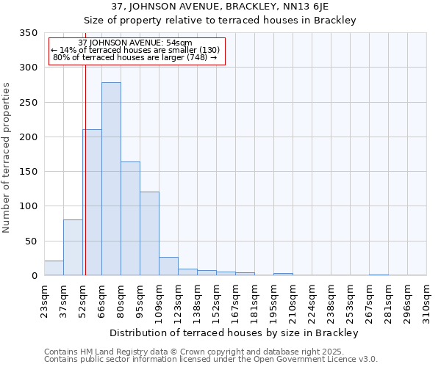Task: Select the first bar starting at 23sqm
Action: pos(54,268)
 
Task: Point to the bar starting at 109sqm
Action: pos(168,266)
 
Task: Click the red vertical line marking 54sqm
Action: pos(85,169)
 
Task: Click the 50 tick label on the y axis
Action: pos(31,241)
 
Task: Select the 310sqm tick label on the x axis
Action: pos(427,299)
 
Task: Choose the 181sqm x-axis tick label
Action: pos(255,299)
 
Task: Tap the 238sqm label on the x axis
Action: pos(331,299)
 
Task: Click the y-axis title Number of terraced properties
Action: pos(7,158)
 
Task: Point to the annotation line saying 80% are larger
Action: pos(135,57)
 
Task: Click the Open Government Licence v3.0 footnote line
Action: pos(211,359)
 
